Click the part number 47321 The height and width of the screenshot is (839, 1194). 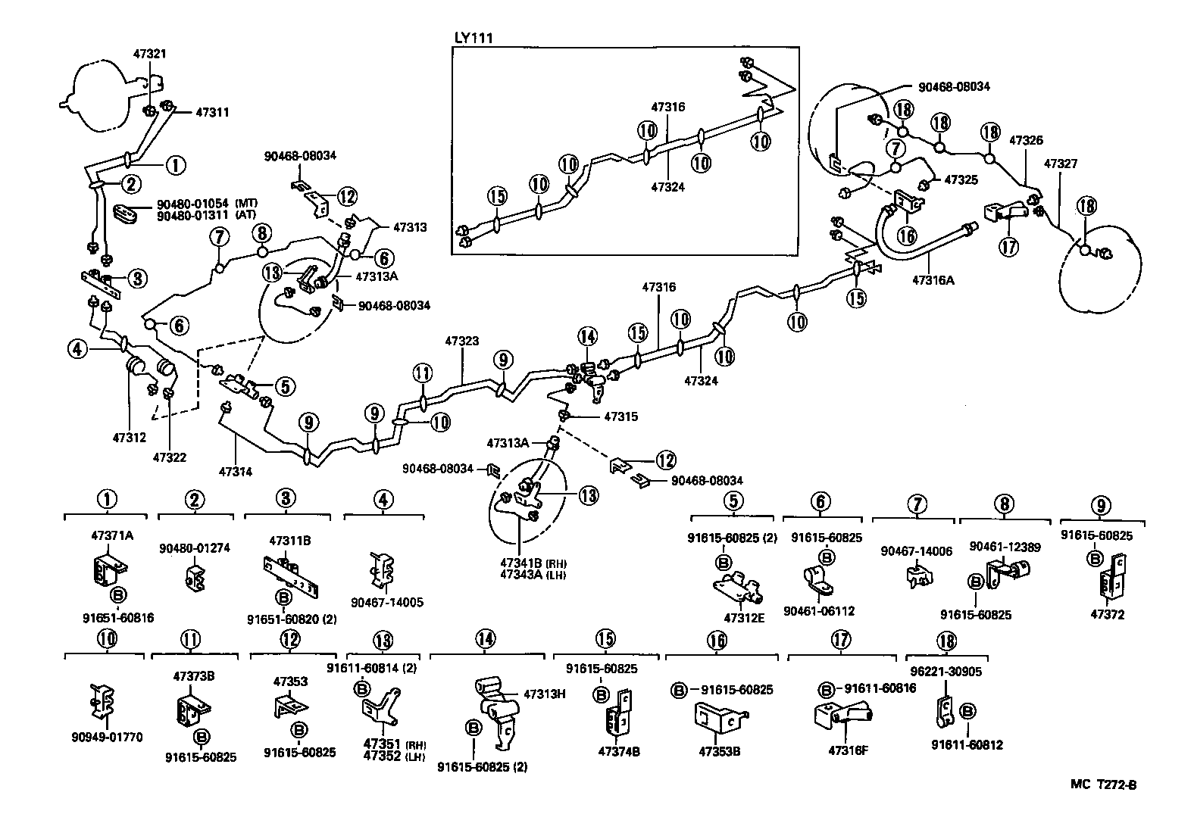click(150, 55)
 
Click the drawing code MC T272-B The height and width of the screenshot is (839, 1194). click(1103, 784)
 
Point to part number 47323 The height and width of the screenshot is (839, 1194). click(461, 342)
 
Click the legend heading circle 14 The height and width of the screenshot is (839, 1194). click(486, 640)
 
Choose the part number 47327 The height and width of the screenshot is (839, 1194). click(1061, 164)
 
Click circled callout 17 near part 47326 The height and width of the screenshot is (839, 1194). click(1008, 247)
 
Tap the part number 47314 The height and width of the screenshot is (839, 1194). click(236, 472)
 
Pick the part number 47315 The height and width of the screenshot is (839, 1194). click(621, 416)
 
